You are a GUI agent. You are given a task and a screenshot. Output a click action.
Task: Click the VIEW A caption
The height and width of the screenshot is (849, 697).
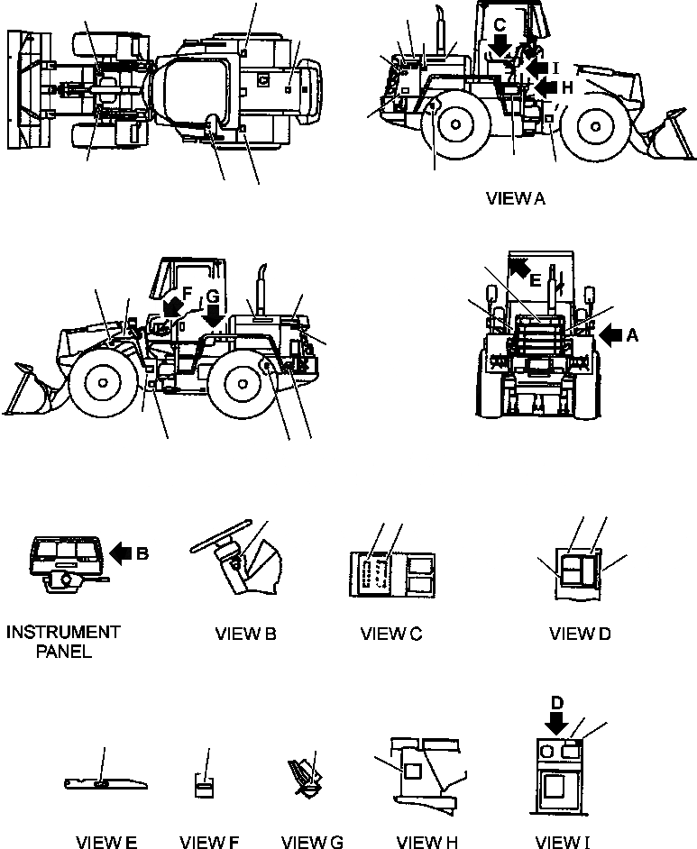click(516, 200)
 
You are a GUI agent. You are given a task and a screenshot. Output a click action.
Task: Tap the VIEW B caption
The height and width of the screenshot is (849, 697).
click(246, 634)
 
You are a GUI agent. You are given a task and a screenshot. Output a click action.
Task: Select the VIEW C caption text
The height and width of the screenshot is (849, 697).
click(391, 634)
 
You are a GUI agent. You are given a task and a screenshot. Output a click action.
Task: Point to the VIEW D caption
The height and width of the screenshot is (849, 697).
click(580, 634)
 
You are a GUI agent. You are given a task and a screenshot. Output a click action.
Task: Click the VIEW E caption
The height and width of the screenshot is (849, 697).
click(106, 843)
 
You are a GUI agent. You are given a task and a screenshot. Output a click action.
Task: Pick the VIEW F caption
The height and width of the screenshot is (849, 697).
click(209, 843)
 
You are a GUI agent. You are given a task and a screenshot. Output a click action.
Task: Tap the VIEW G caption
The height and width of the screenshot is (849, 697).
click(312, 843)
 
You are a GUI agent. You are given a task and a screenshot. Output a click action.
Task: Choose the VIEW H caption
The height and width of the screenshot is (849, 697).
click(427, 843)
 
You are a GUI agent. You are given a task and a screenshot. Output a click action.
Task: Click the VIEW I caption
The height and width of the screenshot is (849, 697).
click(563, 843)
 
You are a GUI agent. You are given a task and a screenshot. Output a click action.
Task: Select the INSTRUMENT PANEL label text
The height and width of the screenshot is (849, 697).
click(63, 642)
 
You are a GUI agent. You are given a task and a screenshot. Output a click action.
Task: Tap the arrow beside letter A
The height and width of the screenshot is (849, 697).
click(610, 335)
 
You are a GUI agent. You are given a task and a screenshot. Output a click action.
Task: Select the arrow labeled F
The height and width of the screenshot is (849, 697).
click(172, 309)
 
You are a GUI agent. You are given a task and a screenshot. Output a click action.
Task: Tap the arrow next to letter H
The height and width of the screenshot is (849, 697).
click(546, 87)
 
